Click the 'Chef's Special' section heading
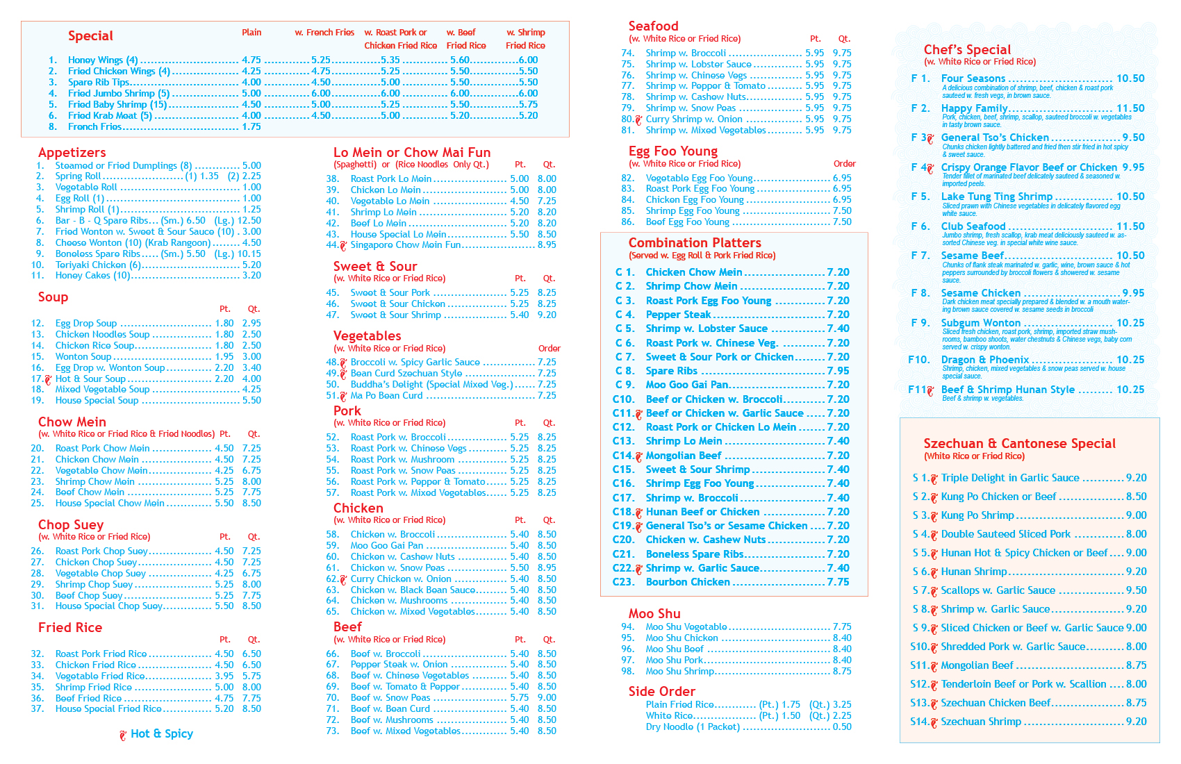pos(967,49)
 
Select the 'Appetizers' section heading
pos(72,153)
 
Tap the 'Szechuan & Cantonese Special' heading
pos(1019,444)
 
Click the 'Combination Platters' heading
pos(695,243)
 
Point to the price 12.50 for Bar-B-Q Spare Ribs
pos(249,220)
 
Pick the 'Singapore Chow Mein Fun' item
pos(405,245)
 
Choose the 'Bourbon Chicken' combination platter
pos(688,582)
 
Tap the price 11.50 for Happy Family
pos(1130,108)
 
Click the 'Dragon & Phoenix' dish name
pos(985,360)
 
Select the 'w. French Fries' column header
pos(324,33)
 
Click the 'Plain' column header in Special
pos(251,33)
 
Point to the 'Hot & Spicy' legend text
pos(162,733)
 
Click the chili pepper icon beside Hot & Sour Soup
pos(48,379)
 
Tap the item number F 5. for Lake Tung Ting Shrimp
pos(920,197)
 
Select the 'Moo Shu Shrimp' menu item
pos(679,672)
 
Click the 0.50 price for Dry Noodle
pos(842,727)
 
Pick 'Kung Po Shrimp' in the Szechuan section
pos(977,515)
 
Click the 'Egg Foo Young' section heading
pos(672,151)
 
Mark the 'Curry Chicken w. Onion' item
pos(401,579)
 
